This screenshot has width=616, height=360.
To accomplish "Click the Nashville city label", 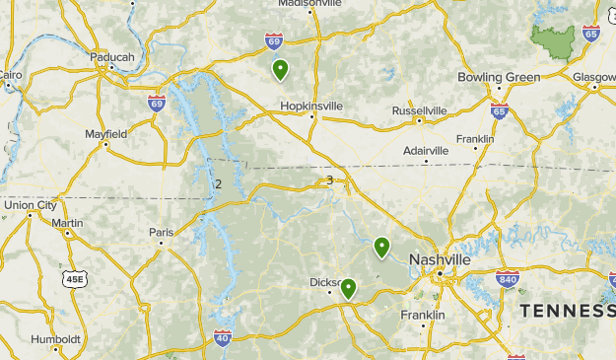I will click(x=440, y=258).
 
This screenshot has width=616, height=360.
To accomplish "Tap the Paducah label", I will click(x=111, y=57).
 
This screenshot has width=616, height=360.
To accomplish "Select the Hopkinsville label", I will click(x=311, y=106).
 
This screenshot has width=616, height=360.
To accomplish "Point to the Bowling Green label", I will click(x=499, y=77).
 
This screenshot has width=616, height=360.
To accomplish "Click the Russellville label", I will click(x=419, y=110).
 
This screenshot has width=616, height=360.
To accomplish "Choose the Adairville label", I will click(x=427, y=150).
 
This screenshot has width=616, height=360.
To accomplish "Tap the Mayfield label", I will click(x=105, y=133).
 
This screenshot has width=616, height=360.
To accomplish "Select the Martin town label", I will click(x=67, y=223).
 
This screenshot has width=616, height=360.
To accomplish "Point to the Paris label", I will click(x=161, y=232).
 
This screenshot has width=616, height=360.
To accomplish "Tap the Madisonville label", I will click(x=308, y=3).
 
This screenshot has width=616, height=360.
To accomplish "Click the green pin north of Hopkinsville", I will click(x=281, y=69).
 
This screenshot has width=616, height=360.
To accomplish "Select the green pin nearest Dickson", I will click(x=348, y=288).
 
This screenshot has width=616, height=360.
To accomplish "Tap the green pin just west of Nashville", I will click(x=381, y=247).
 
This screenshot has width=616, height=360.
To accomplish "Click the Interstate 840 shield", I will click(x=508, y=279).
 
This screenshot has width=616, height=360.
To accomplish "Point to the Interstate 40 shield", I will click(x=224, y=338).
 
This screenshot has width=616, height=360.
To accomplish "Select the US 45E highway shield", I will click(x=75, y=280).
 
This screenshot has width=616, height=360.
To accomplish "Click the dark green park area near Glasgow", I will click(x=555, y=38).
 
